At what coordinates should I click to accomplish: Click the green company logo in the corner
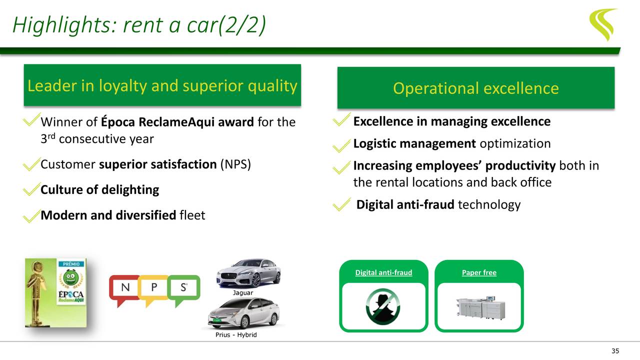602,23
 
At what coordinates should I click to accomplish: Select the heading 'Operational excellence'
475,88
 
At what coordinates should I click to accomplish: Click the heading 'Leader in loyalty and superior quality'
162,86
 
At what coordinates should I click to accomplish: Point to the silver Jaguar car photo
248,273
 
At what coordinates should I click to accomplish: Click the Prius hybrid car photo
243,313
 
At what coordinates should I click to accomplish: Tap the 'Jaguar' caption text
243,292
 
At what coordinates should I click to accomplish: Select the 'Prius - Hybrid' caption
236,334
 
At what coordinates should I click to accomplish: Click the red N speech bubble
123,290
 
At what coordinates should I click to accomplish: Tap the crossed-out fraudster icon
383,306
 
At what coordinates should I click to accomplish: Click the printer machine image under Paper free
479,306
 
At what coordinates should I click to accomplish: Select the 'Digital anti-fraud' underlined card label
383,272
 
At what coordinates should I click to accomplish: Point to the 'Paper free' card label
479,272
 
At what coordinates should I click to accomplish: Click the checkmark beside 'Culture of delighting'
31,189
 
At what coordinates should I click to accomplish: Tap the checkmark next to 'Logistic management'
342,145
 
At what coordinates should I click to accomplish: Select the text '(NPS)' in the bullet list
235,164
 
